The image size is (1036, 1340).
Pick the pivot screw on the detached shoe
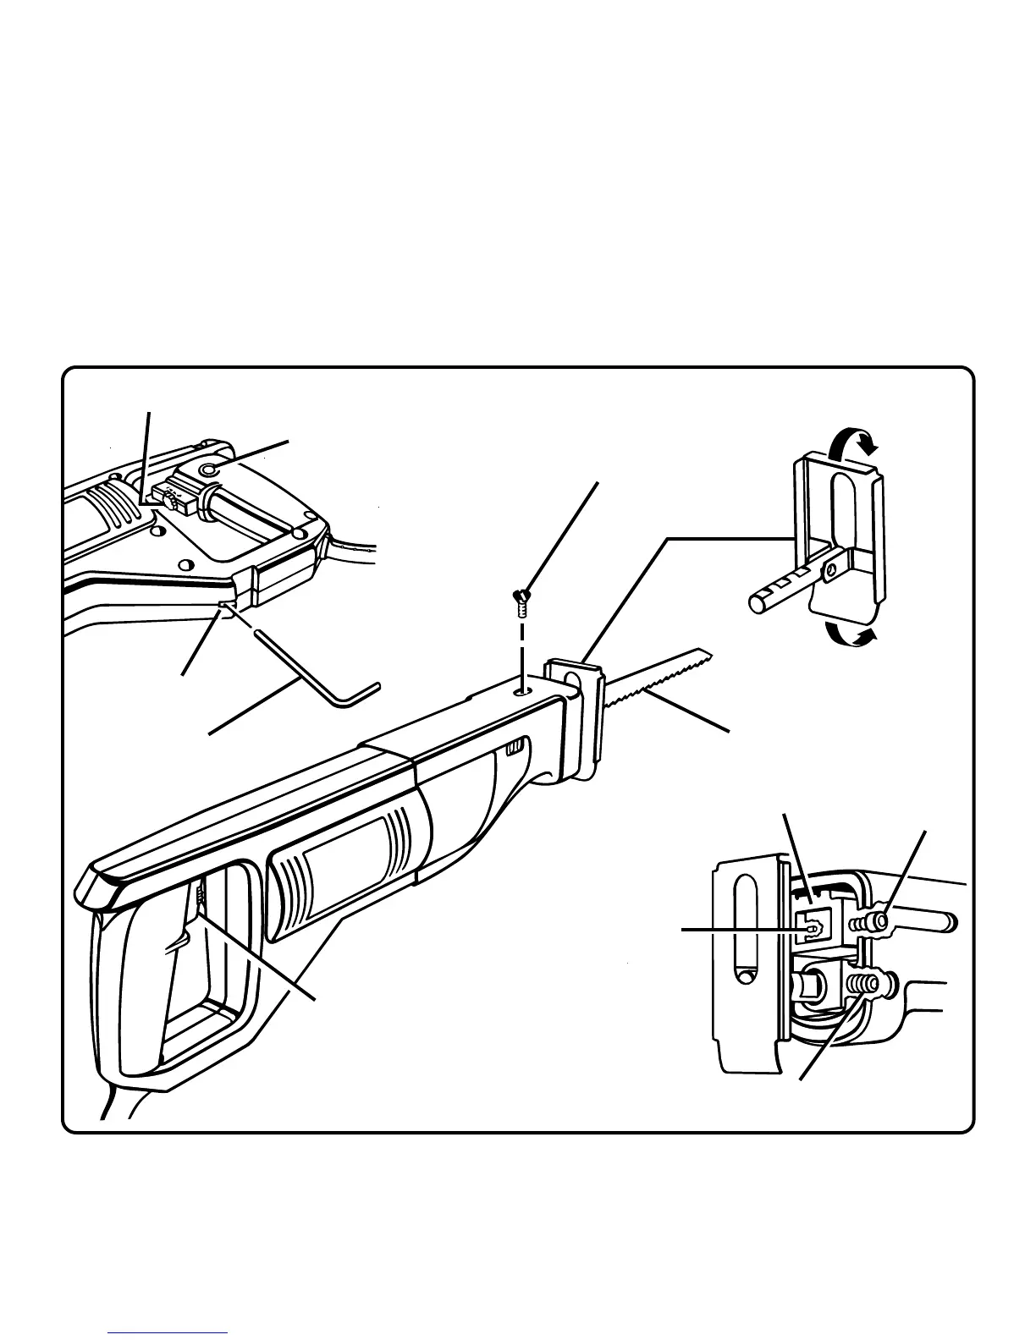[x=832, y=573]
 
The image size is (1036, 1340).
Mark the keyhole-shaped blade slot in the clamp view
[x=813, y=928]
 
